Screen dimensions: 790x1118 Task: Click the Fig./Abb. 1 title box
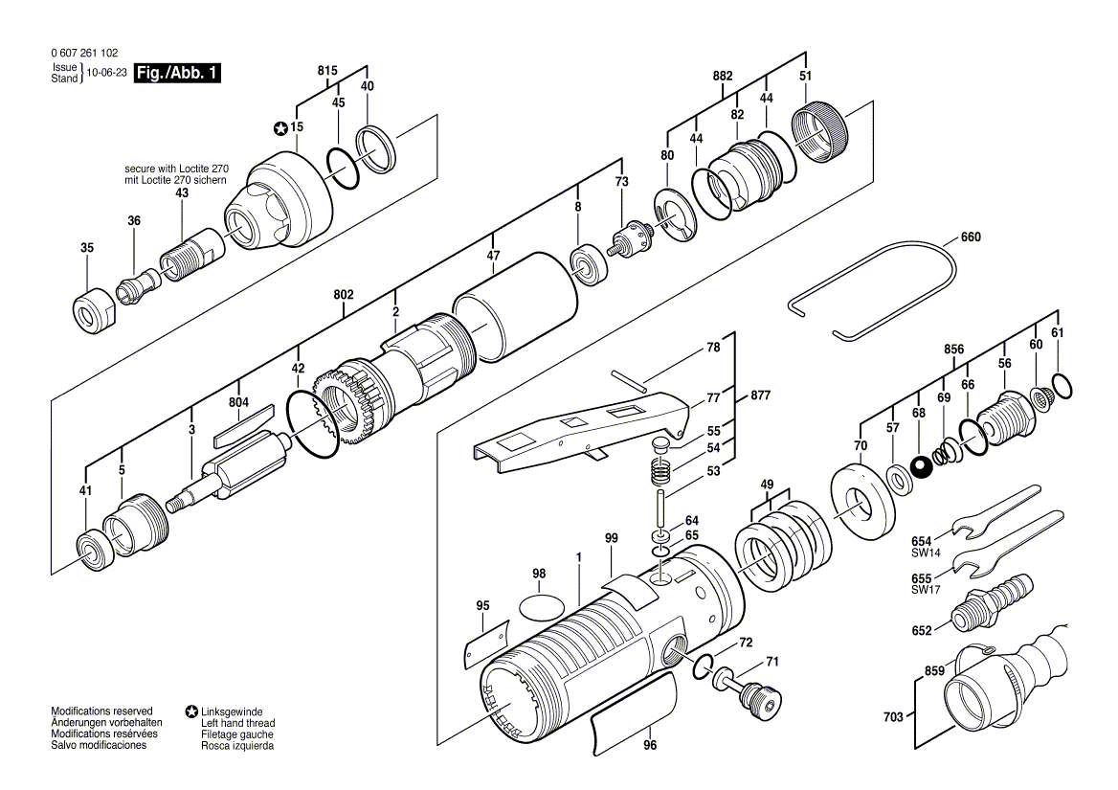point(177,74)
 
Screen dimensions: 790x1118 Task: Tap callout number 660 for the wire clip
point(970,237)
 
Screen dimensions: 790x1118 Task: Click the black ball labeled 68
point(921,467)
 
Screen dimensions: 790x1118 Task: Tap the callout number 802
point(344,295)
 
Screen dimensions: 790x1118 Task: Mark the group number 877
point(760,395)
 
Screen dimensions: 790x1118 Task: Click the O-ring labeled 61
point(1061,385)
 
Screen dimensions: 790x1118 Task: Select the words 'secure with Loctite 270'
point(176,169)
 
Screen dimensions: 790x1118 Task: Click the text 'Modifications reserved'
point(101,711)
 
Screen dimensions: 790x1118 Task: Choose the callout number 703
point(892,716)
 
